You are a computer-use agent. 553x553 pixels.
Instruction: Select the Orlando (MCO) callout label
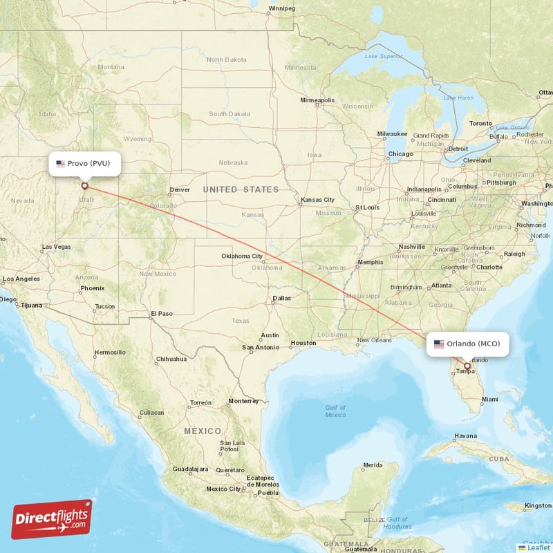(467, 344)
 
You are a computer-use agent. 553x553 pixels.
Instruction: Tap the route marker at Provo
(85, 185)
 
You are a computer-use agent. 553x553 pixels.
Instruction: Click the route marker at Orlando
(467, 366)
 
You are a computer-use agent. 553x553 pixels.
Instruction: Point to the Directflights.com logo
(51, 519)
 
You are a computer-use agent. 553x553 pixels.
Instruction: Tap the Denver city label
(180, 189)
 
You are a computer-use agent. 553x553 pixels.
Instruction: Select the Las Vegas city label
(57, 247)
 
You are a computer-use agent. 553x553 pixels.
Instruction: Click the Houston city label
(303, 343)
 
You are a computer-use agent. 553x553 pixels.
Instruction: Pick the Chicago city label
(400, 153)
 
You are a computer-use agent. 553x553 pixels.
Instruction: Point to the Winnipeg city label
(281, 8)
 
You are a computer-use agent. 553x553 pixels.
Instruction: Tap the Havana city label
(465, 436)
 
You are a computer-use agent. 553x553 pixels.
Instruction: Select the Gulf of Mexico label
(335, 411)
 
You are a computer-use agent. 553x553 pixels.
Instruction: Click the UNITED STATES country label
(241, 189)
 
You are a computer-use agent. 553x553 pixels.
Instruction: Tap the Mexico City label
(223, 489)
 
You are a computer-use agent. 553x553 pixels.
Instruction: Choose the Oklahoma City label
(242, 256)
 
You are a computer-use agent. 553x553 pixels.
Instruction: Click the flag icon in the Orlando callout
(439, 344)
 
